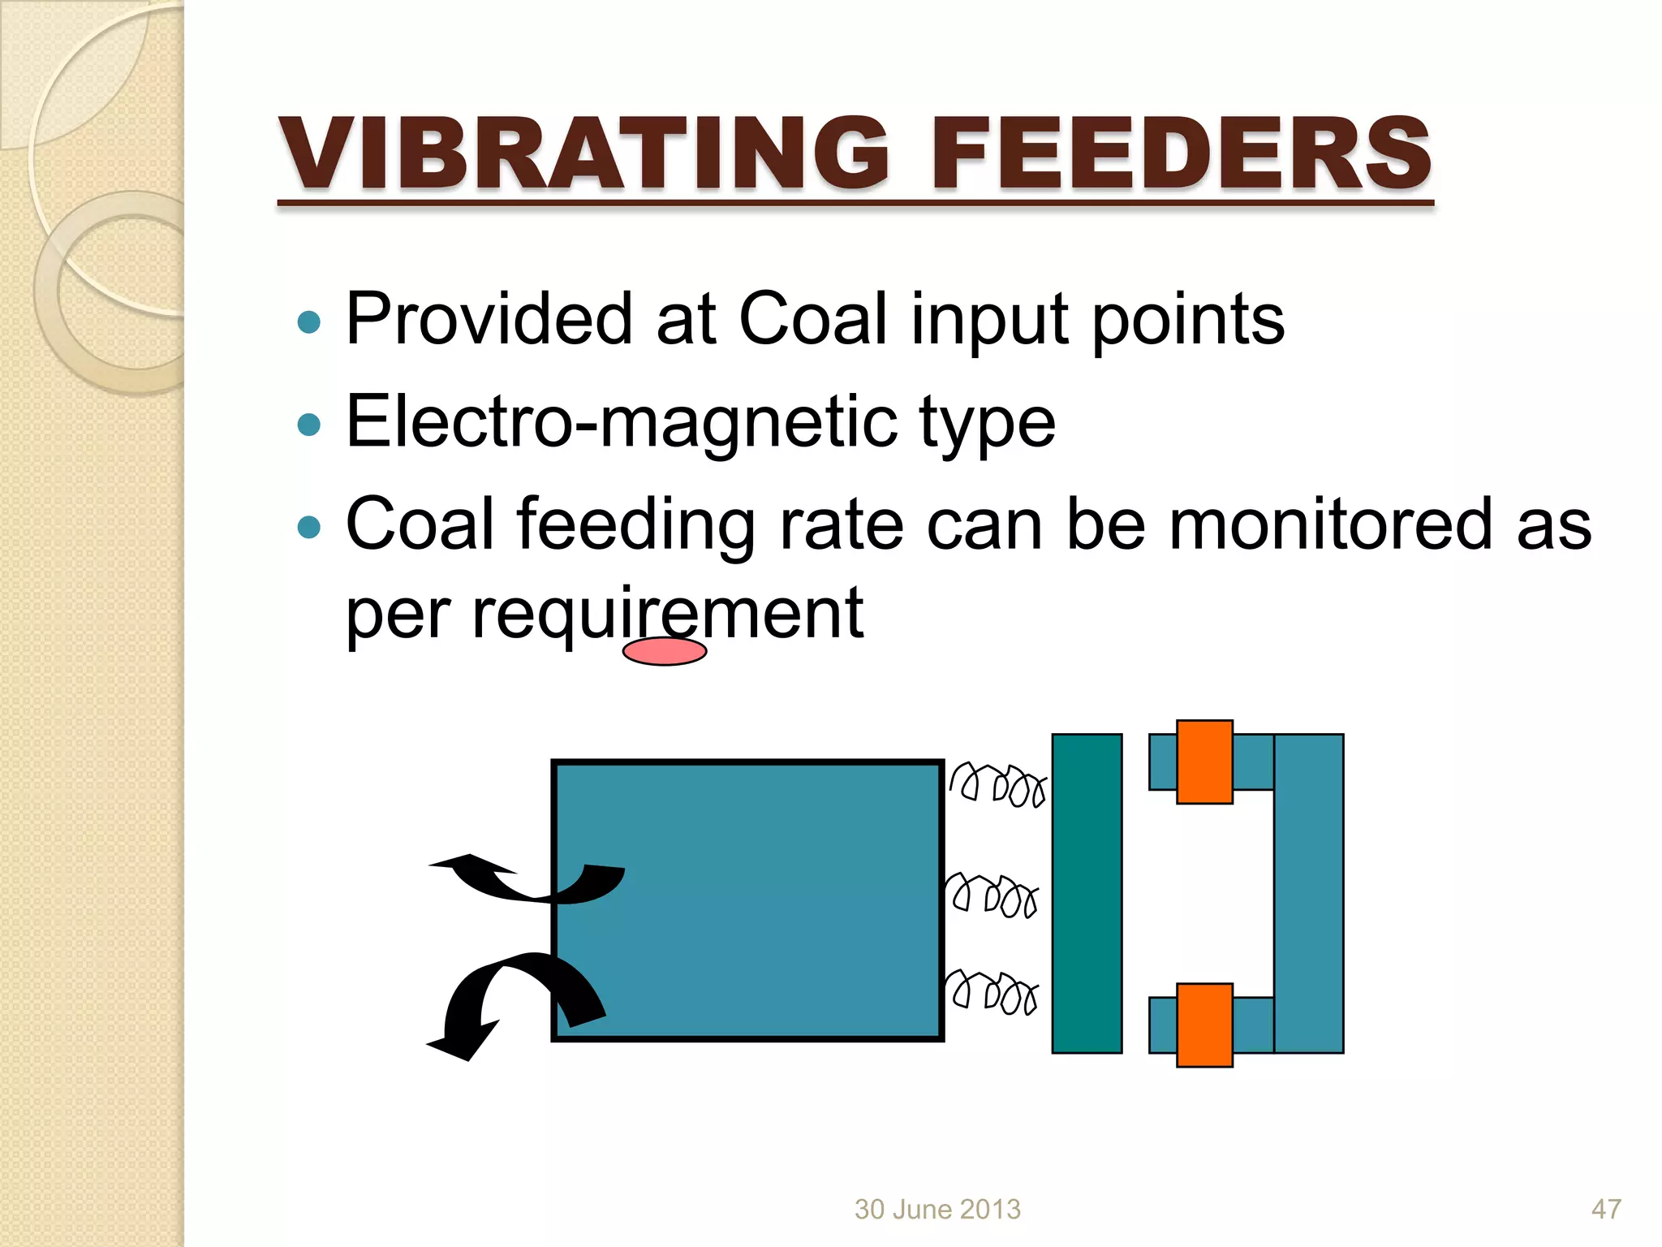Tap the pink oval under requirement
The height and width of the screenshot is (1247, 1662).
coord(665,651)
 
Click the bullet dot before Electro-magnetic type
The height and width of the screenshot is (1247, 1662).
coord(309,424)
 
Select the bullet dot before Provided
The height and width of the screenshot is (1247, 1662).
coord(309,322)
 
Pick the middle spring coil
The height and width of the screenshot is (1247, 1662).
coord(992,895)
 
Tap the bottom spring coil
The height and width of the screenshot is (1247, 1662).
coord(992,991)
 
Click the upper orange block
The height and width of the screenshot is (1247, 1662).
coord(1204,762)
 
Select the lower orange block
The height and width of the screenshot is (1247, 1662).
coord(1204,1025)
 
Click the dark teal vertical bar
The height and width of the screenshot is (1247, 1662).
coord(1087,893)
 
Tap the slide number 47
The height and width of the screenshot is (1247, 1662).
coord(1606,1210)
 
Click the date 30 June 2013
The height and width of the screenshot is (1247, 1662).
coord(937,1210)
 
